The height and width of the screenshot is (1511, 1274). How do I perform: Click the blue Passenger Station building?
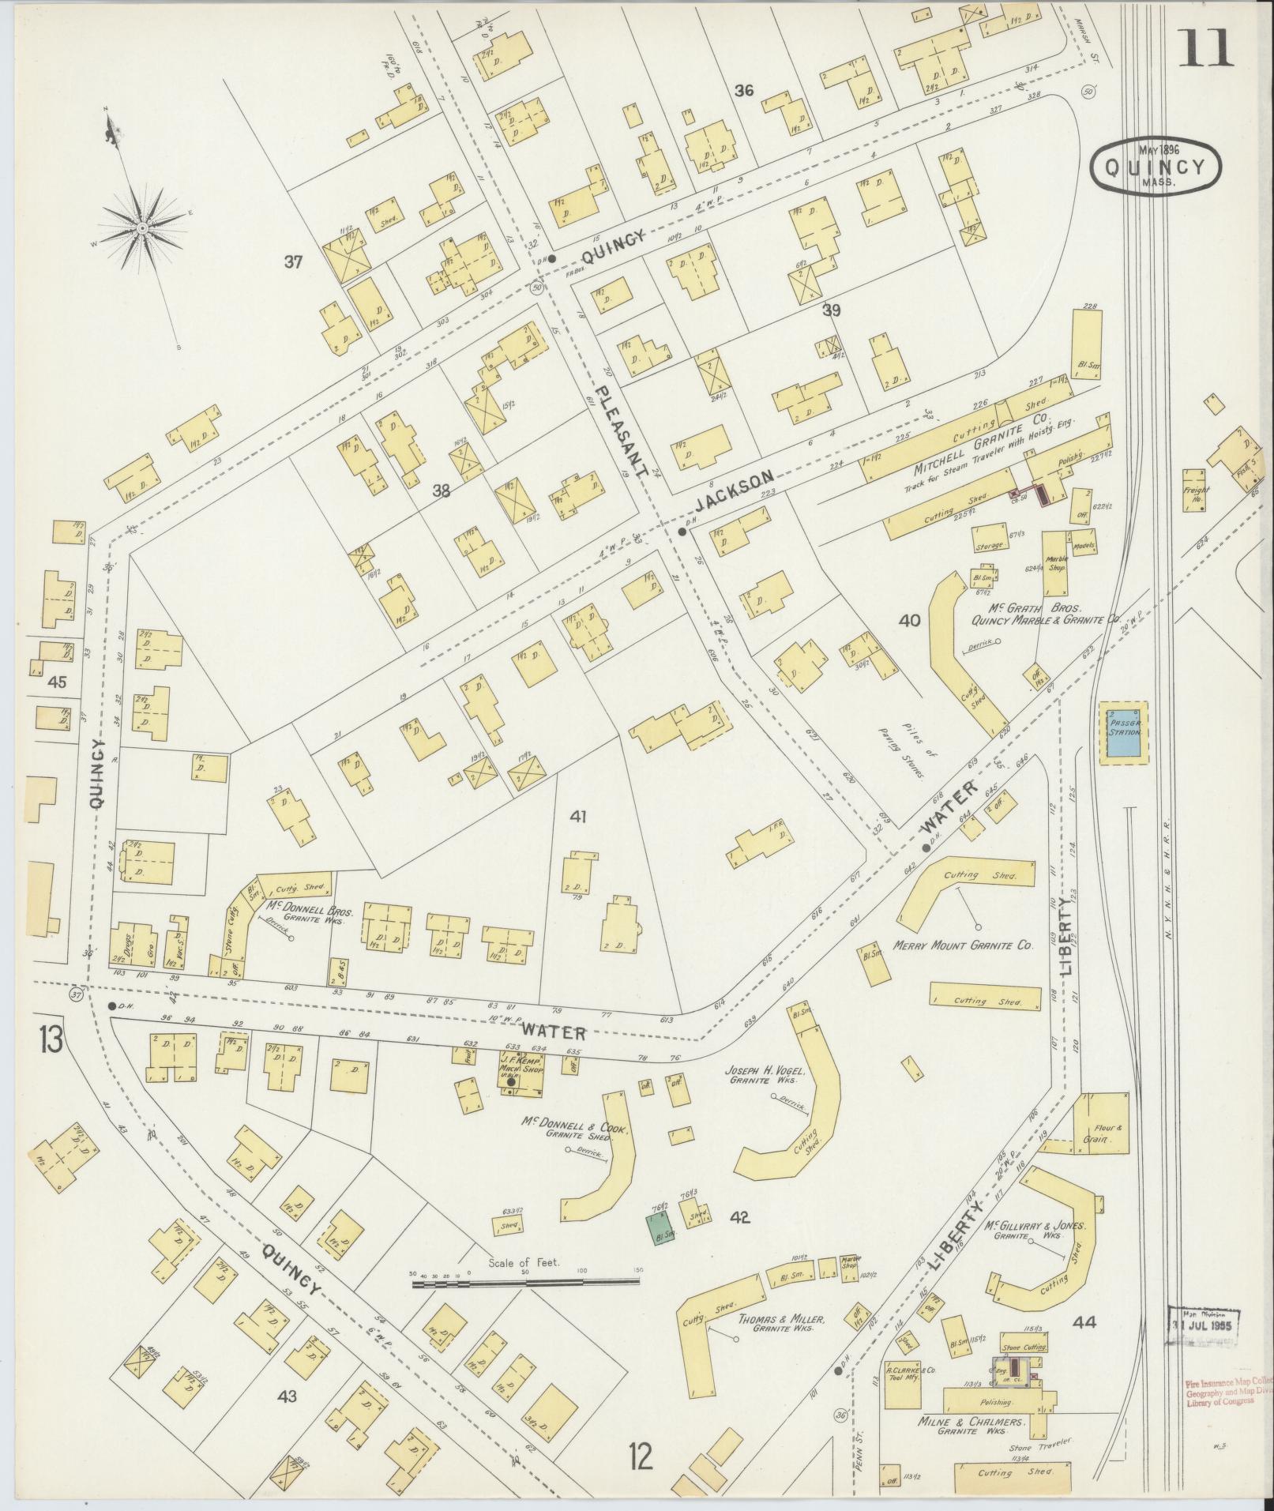(1124, 731)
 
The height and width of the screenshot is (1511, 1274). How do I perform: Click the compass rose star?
(142, 228)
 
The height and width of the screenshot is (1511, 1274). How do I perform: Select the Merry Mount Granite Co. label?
(962, 945)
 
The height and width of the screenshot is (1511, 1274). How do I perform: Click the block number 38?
(440, 491)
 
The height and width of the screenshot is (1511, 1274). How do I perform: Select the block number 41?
(578, 818)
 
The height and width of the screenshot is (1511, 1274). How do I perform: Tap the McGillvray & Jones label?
(1035, 1252)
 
